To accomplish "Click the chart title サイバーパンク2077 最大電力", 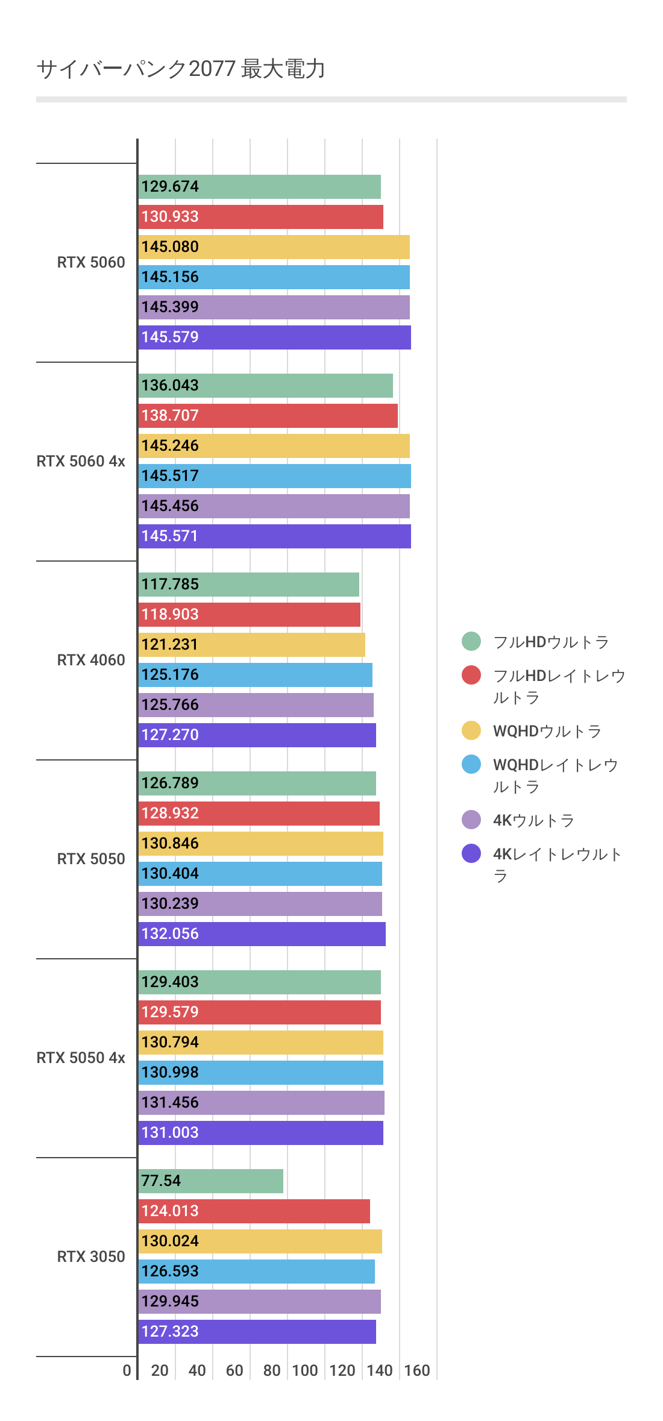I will coord(181,69).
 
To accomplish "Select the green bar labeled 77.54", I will coord(211,1181).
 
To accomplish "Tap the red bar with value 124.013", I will coord(254,1211).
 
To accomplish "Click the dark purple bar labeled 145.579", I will coord(274,337).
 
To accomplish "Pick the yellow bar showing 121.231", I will coord(251,645).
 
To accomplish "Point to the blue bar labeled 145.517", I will coord(274,476).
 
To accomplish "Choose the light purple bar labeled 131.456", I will coord(261,1103).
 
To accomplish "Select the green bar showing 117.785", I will coord(248,585).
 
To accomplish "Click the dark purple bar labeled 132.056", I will coord(262,934).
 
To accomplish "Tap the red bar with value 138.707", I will coord(268,416).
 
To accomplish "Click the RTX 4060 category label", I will coord(91,660).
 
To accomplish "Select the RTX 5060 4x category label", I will coord(81,461).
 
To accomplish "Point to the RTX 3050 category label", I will coord(91,1256).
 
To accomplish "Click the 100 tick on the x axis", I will coord(305,1370).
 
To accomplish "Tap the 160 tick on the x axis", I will coord(417,1370).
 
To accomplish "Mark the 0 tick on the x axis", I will coord(127,1370).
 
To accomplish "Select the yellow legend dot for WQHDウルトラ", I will coord(471,730).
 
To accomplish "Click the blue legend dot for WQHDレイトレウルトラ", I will coord(471,764).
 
